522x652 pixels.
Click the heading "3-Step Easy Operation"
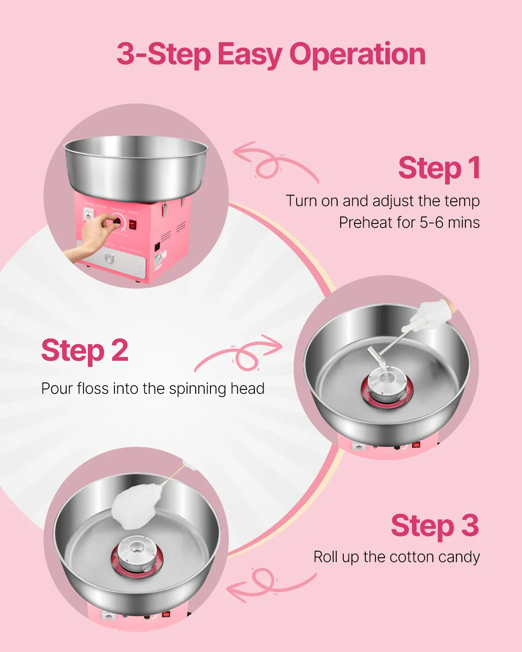pyautogui.click(x=271, y=55)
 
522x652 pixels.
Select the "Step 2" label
pyautogui.click(x=85, y=351)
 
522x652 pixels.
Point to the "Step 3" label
pyautogui.click(x=435, y=526)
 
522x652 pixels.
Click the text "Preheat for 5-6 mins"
pyautogui.click(x=409, y=223)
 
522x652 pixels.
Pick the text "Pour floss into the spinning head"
pyautogui.click(x=153, y=388)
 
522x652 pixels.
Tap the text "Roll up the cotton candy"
pyautogui.click(x=396, y=557)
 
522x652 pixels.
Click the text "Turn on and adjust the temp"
pyautogui.click(x=382, y=201)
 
